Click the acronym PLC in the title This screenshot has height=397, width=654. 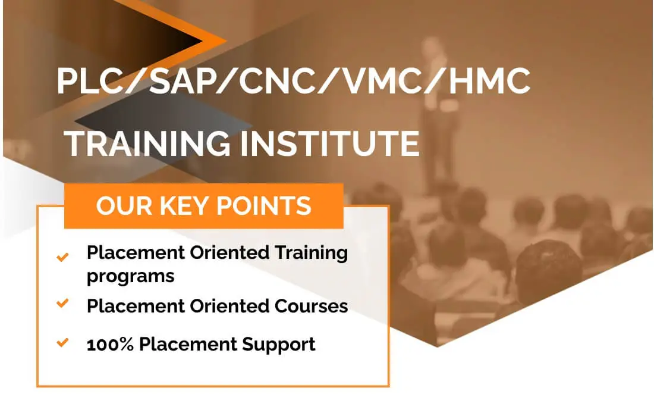88,80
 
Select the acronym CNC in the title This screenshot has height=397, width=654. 278,80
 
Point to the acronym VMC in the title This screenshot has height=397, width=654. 382,80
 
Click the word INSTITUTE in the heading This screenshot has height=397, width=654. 329,143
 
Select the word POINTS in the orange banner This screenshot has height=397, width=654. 263,205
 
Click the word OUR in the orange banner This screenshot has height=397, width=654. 124,205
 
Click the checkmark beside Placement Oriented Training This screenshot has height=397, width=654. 62,257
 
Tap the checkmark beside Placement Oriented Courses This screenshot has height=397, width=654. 62,302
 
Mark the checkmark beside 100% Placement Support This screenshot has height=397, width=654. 62,342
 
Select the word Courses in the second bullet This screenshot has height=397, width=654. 311,306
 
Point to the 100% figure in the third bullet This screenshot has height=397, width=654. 110,345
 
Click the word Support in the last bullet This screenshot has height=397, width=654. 279,345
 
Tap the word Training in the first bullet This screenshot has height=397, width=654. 311,254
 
